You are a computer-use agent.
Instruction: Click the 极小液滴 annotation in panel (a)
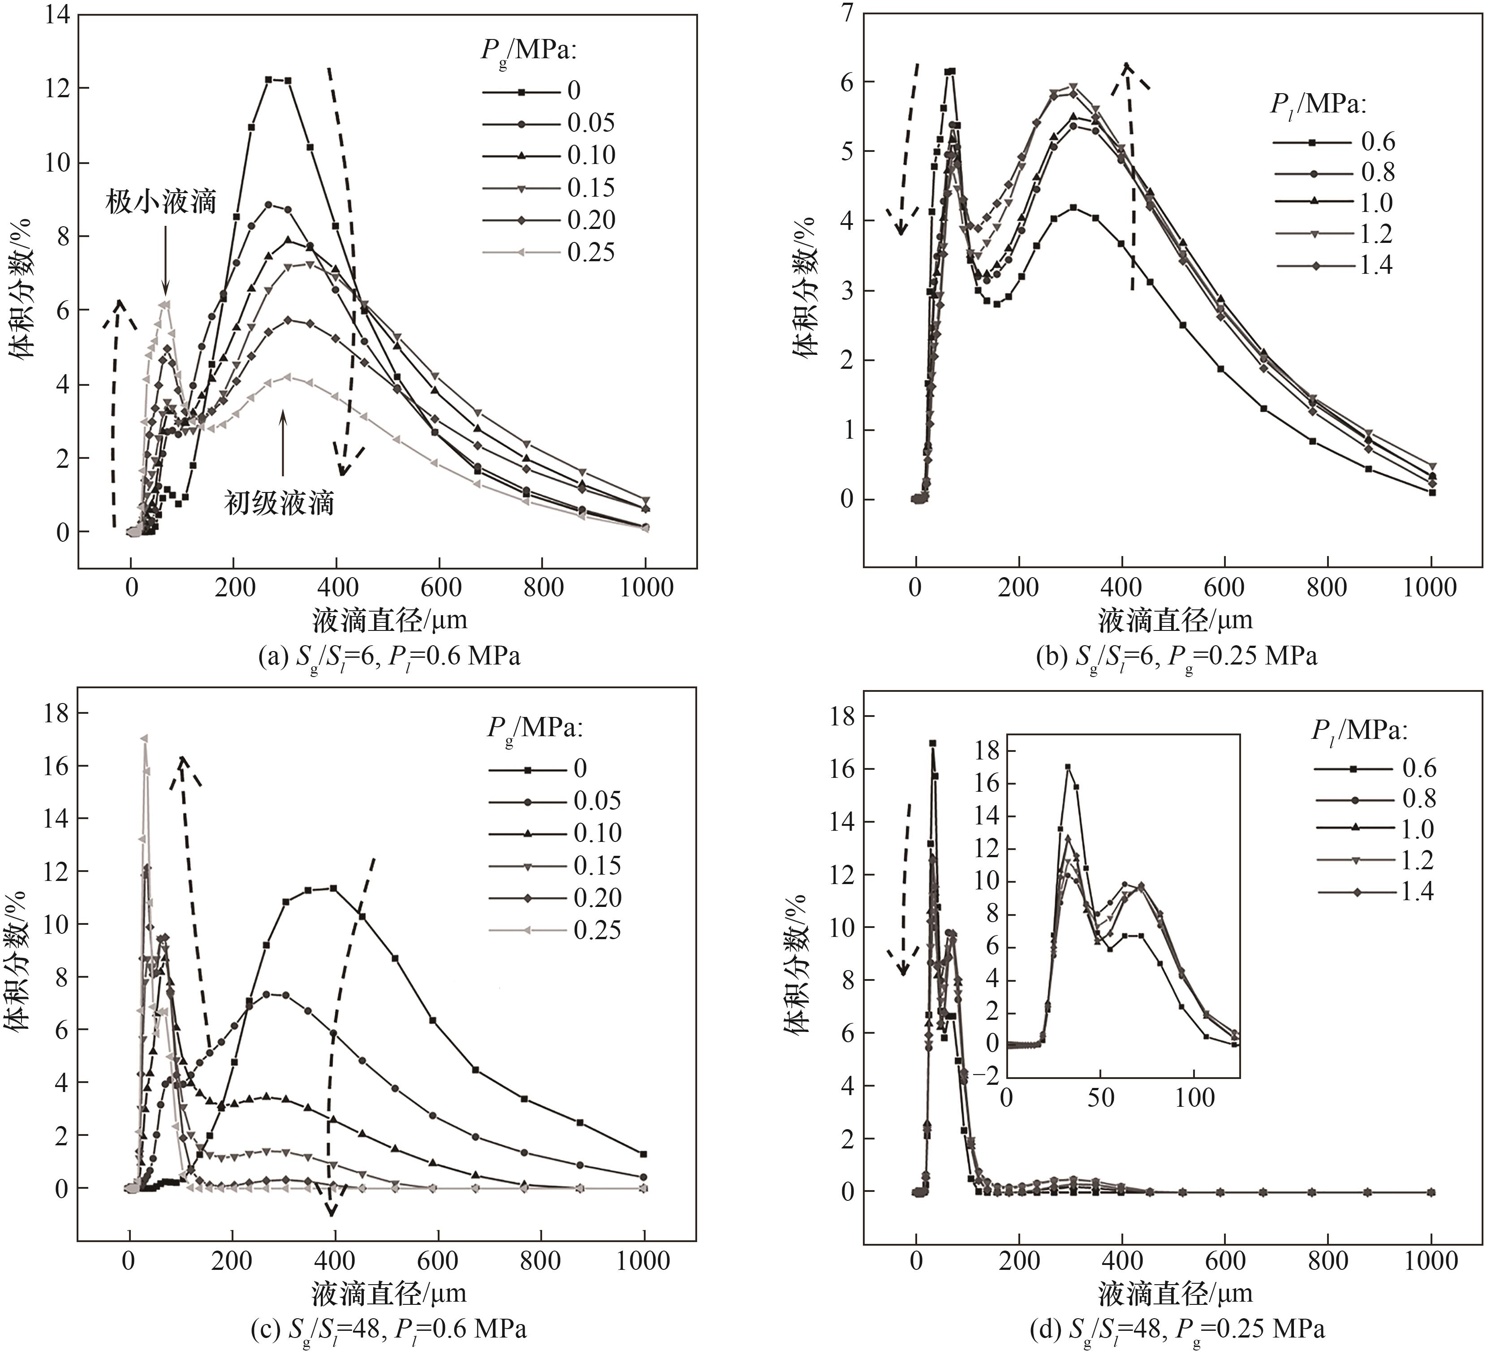coord(161,202)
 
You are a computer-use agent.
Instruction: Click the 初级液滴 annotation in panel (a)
coord(279,503)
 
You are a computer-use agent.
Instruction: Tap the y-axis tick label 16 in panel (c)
coord(56,766)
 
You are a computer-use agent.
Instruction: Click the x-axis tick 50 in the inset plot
coord(1100,1098)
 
